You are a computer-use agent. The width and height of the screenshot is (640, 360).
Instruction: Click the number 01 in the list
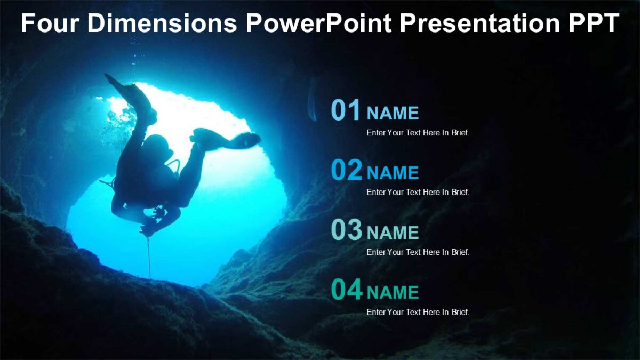click(346, 110)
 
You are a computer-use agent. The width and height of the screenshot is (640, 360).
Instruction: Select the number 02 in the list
click(346, 171)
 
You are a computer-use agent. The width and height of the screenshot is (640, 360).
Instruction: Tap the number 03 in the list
click(346, 230)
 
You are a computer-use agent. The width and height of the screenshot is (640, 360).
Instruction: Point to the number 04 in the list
click(346, 290)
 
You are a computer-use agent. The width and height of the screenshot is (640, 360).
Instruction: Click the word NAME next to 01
click(393, 113)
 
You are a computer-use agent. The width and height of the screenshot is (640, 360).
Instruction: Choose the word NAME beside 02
click(393, 173)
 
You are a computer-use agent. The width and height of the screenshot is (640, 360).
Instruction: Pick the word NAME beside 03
click(393, 233)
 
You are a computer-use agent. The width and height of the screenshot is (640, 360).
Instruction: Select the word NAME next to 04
click(393, 292)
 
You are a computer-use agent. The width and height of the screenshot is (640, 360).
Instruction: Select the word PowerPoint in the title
click(318, 23)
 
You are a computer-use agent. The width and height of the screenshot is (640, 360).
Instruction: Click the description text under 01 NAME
click(418, 133)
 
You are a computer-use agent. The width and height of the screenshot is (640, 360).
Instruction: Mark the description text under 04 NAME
click(418, 313)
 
